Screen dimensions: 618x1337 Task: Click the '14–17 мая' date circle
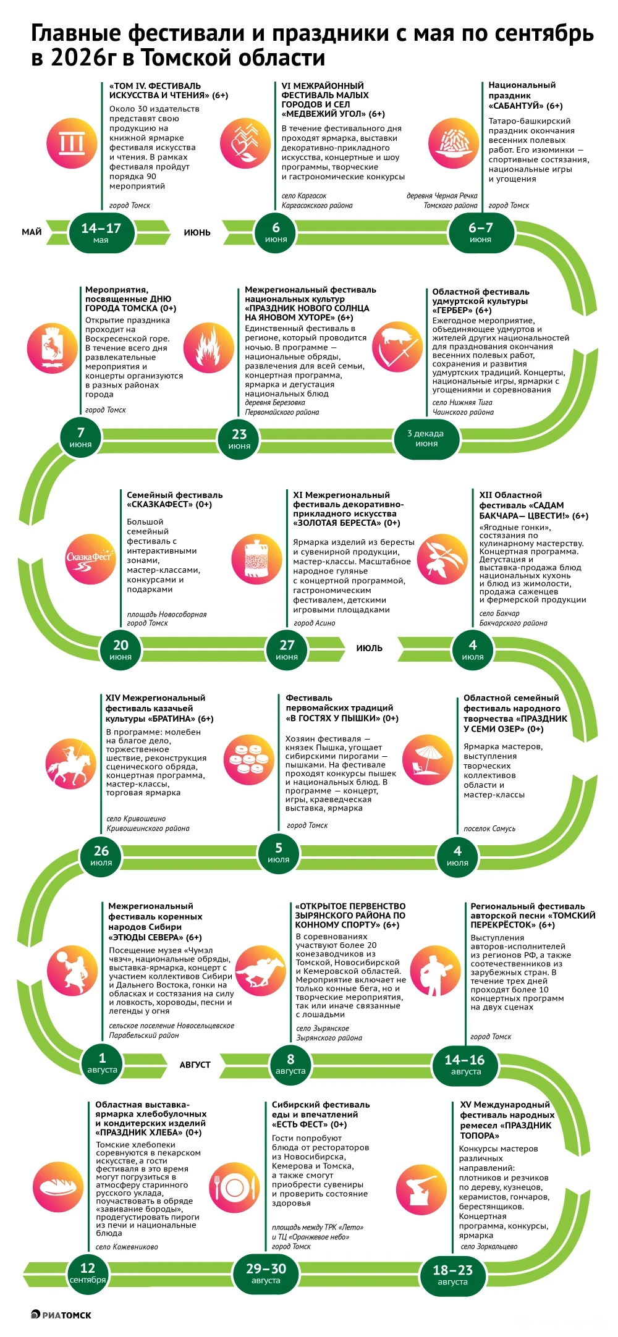click(x=101, y=232)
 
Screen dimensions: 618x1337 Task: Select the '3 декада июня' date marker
click(x=426, y=438)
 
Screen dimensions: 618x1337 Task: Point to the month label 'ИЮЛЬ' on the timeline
click(x=370, y=648)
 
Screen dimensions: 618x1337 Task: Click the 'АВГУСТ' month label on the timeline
click(x=195, y=1065)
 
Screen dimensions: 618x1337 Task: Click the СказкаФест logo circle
click(x=91, y=559)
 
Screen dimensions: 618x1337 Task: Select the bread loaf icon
click(x=57, y=1187)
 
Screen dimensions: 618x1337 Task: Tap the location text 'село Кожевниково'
click(x=127, y=1246)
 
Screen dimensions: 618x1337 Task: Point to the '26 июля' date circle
click(x=101, y=855)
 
